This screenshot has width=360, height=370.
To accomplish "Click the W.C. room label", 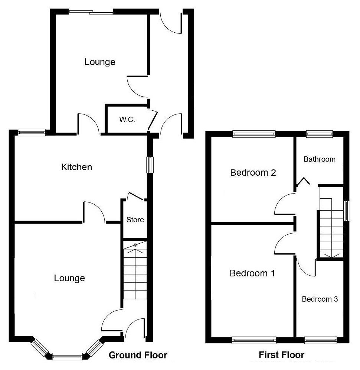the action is [x=127, y=120].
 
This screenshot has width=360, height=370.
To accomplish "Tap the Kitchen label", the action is [x=76, y=167].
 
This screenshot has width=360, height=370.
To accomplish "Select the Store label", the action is [x=135, y=220].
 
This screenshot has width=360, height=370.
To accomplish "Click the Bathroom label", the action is [x=320, y=159].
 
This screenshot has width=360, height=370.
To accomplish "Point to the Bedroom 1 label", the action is [x=252, y=273].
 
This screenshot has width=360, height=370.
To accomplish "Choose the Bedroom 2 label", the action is [x=253, y=173].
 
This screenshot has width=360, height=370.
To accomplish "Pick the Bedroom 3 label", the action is [x=320, y=299].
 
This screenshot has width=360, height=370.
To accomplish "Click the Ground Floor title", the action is [x=138, y=355].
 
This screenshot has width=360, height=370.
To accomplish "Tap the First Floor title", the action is [x=281, y=355].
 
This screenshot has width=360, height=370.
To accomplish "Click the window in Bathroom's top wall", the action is [x=320, y=134].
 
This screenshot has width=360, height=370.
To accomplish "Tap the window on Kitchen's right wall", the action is [x=150, y=165].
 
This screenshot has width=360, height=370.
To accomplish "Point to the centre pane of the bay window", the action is [x=67, y=356].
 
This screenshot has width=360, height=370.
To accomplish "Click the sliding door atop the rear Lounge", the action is [x=91, y=12].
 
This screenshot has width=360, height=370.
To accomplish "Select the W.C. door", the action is [x=152, y=120].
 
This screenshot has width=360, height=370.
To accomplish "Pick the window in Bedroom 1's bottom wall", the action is [x=254, y=340].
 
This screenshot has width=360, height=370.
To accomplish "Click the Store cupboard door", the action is [x=135, y=196].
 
